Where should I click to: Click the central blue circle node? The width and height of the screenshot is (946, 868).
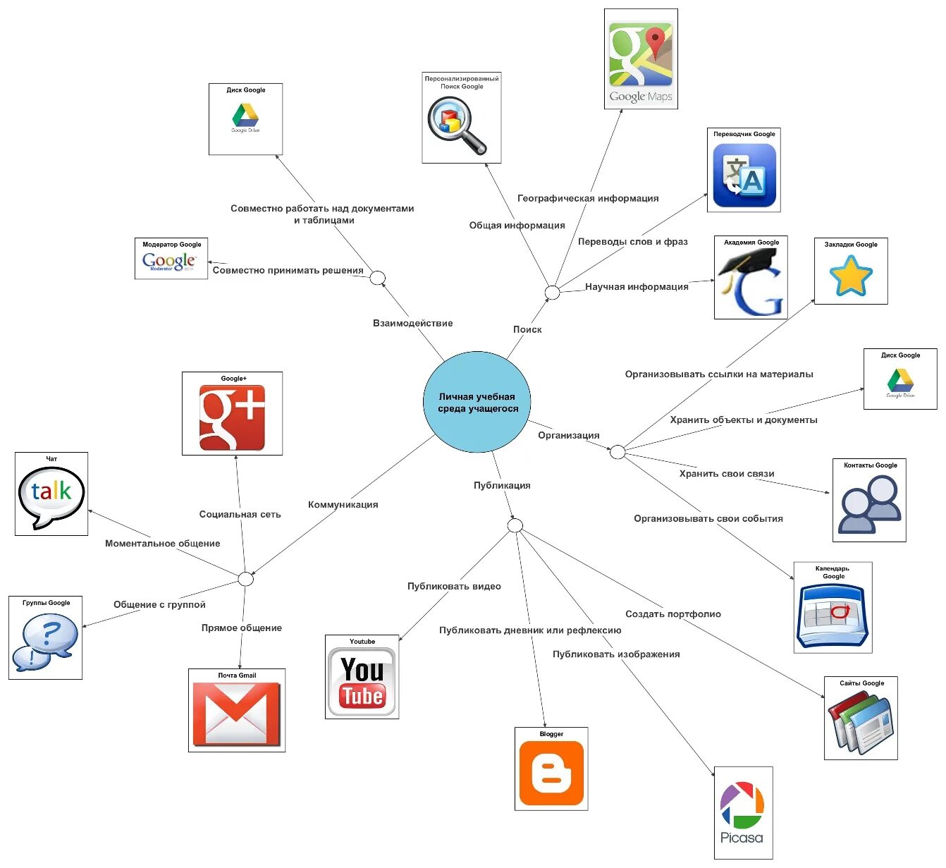pyautogui.click(x=477, y=402)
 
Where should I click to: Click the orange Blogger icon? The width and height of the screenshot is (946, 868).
pyautogui.click(x=551, y=773)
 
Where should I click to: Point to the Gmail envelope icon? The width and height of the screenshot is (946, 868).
pyautogui.click(x=237, y=714)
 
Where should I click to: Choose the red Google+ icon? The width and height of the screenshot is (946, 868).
pyautogui.click(x=232, y=417)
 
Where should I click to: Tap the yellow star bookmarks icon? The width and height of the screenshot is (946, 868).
pyautogui.click(x=851, y=276)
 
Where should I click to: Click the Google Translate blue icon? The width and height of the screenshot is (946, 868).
pyautogui.click(x=744, y=175)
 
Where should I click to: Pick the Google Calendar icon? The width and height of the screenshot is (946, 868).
pyautogui.click(x=833, y=614)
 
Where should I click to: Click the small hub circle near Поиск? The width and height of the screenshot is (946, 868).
pyautogui.click(x=553, y=292)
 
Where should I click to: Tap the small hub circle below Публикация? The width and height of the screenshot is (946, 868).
pyautogui.click(x=515, y=525)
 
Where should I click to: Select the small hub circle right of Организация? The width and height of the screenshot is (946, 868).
pyautogui.click(x=618, y=452)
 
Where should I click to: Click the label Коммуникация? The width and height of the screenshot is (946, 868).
pyautogui.click(x=343, y=504)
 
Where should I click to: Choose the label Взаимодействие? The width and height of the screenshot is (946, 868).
pyautogui.click(x=412, y=323)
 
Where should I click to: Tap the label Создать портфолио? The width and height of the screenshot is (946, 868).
pyautogui.click(x=672, y=613)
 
